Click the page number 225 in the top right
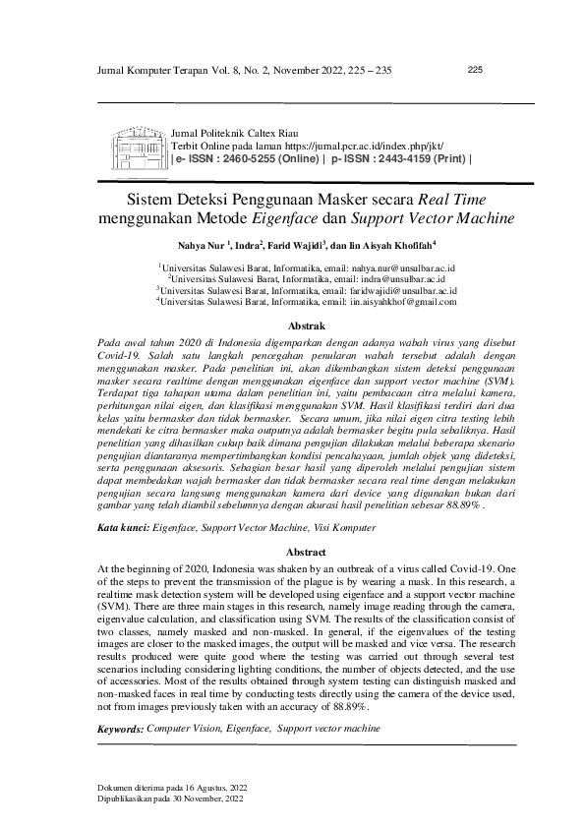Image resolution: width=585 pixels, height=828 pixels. [x=474, y=70]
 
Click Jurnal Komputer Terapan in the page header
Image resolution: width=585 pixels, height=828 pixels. [x=153, y=71]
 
